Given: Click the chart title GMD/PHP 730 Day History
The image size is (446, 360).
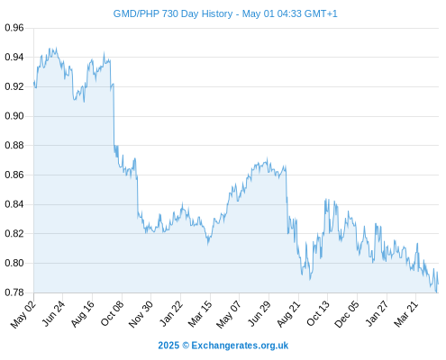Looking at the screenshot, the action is click(173, 13).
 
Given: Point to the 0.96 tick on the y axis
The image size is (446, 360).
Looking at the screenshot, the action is click(14, 28).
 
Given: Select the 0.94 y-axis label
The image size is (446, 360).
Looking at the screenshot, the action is click(14, 57).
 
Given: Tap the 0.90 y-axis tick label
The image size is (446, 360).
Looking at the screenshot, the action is click(14, 116).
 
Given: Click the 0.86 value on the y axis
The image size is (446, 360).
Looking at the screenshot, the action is click(14, 175).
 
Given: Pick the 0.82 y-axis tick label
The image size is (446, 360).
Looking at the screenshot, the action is click(14, 233).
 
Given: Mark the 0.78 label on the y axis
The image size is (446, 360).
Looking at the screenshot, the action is click(14, 292).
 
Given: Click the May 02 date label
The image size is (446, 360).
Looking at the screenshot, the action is click(23, 314).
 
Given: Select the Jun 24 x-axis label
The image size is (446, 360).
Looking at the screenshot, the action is click(53, 313).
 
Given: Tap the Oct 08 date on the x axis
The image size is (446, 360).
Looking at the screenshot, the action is click(112, 313).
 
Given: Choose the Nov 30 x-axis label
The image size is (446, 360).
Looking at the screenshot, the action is click(141, 314).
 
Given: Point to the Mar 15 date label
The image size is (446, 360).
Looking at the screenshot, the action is click(200, 314).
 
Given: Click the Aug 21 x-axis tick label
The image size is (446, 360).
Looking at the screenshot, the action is click(288, 314).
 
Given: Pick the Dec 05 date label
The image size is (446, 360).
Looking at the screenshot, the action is click(346, 314).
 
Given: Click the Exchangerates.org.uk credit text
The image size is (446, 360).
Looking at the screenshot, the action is click(240, 346).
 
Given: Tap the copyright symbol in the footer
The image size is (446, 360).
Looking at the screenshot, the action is click(186, 346).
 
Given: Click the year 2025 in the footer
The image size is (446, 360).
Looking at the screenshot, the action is click(168, 346).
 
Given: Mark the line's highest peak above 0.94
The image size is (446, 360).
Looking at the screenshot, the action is click(56, 48).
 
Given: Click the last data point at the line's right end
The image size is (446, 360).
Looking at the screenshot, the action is click(438, 283).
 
